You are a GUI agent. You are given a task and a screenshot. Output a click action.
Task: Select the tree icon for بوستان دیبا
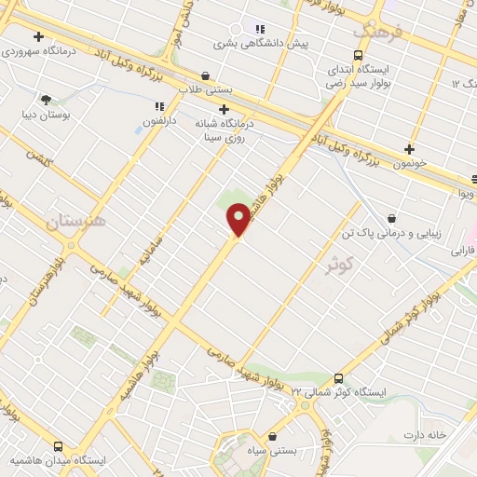click(46, 100)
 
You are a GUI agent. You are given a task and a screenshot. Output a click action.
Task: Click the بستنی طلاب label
click(206, 89)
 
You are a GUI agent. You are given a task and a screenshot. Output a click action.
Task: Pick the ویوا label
click(466, 194)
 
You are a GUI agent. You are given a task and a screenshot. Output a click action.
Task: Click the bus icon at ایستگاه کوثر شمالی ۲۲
click(337, 379)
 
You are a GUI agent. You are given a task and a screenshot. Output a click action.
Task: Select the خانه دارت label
click(426, 435)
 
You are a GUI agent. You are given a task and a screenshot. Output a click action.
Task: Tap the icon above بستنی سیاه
click(271, 436)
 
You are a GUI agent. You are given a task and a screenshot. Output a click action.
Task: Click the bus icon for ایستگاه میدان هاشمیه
click(59, 446)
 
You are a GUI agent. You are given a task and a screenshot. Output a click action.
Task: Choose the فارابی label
click(463, 251)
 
